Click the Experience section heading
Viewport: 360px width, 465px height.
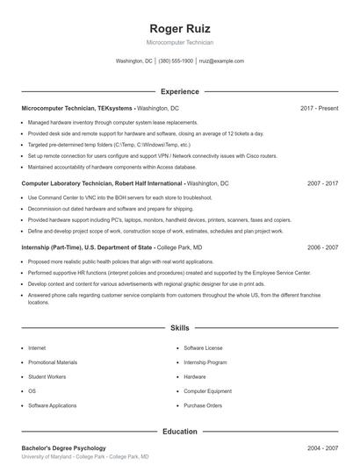[179, 91]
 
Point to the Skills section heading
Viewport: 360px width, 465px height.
[179, 327]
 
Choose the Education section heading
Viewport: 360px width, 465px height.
[179, 432]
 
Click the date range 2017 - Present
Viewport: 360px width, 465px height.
[319, 108]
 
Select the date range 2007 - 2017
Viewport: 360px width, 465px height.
[322, 184]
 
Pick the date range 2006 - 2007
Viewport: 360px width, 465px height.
[322, 248]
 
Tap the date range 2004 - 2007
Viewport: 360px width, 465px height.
[322, 448]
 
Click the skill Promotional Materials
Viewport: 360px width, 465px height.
[53, 362]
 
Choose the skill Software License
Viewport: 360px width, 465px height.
[203, 348]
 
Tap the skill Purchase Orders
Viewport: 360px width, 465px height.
[203, 405]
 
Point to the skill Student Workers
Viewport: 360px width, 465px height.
[47, 376]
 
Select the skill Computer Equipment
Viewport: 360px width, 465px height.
[207, 391]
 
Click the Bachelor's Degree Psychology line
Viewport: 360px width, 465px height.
[63, 448]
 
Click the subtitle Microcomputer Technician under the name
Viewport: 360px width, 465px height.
[179, 42]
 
